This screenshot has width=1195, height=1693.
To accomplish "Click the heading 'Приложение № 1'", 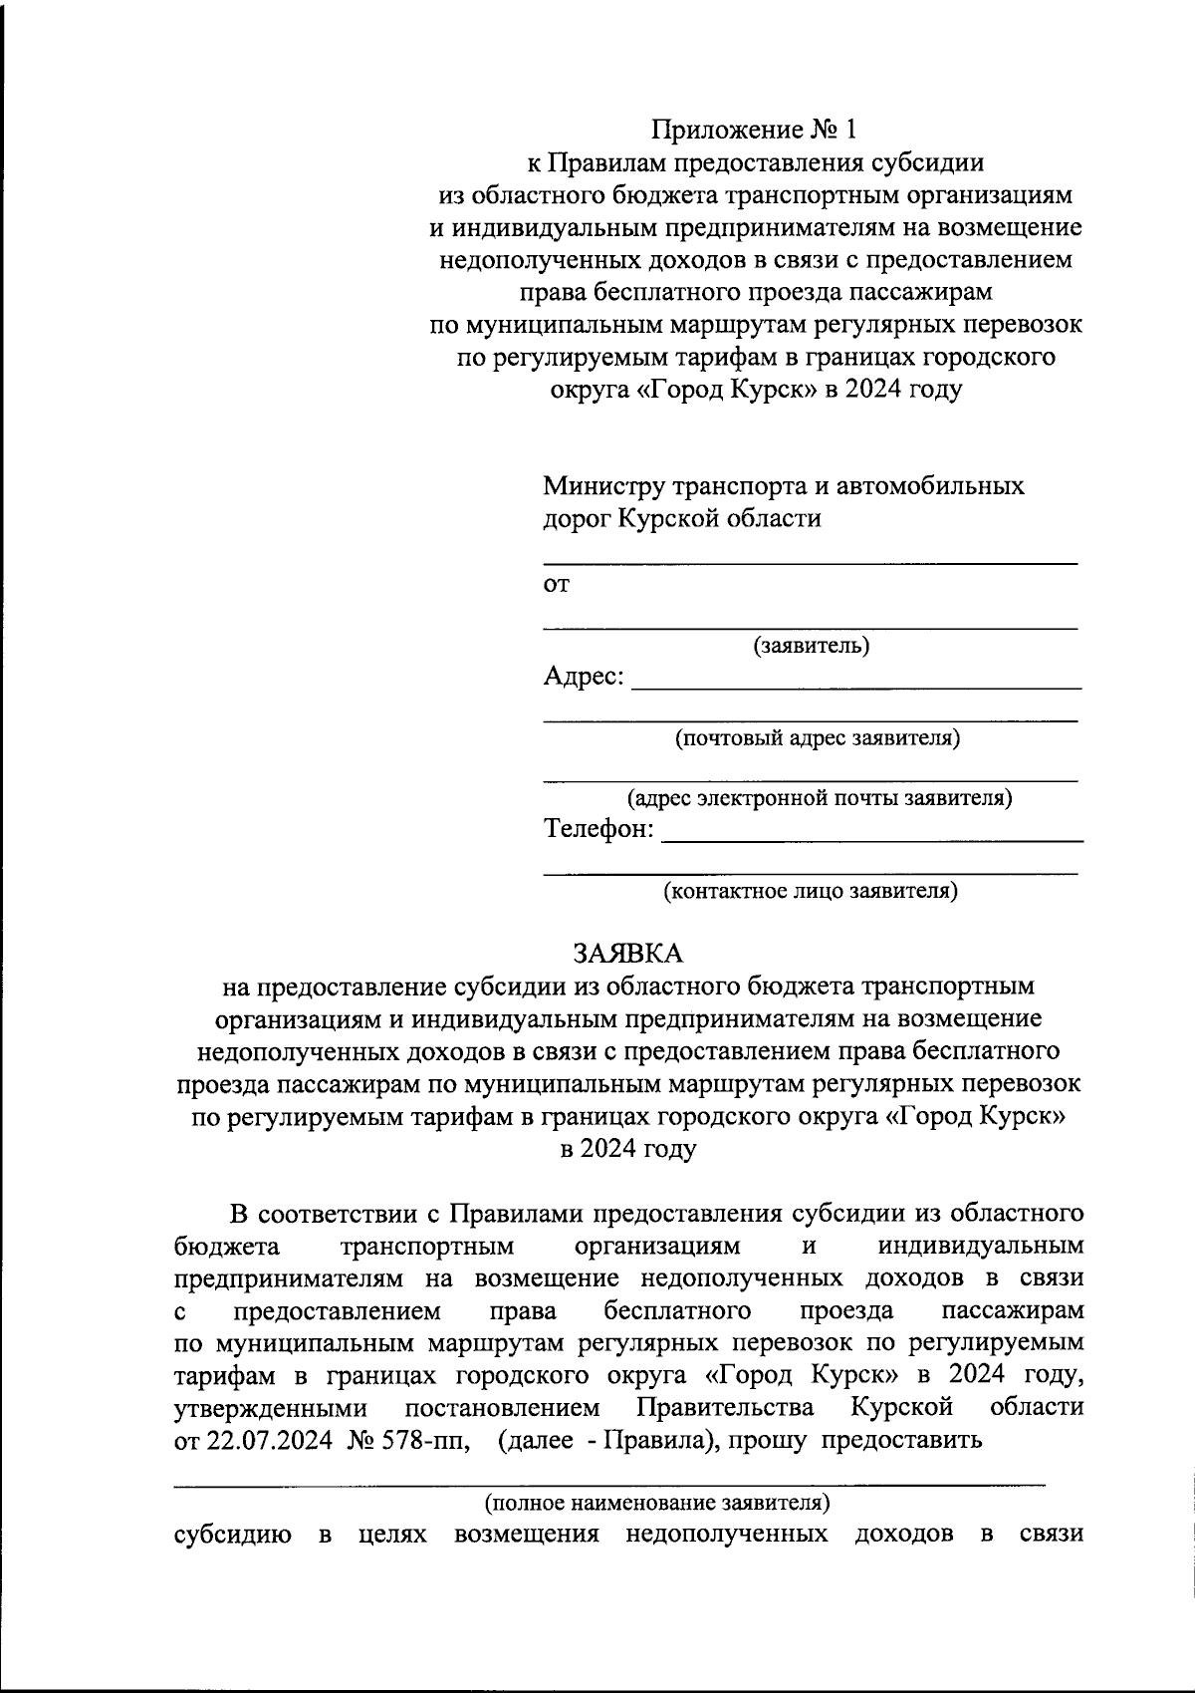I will tap(754, 131).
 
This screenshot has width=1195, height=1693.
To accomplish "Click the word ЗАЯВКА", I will tap(627, 954).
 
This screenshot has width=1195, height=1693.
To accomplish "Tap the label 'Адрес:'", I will tap(584, 677).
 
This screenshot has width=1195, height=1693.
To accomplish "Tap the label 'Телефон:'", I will tap(598, 829).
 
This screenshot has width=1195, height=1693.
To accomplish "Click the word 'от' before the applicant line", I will tap(556, 585).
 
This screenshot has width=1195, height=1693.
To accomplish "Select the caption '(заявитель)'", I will tap(811, 646).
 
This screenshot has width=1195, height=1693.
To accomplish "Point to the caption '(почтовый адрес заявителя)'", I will tap(818, 738).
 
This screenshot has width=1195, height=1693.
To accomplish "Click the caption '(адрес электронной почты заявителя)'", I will tap(819, 798).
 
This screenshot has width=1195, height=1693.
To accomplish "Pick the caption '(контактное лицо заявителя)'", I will tap(811, 890).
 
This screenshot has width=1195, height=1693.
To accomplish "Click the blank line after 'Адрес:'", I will tap(856, 686).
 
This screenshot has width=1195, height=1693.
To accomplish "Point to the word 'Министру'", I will tap(602, 486).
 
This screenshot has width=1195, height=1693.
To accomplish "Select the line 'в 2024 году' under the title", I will tap(627, 1148).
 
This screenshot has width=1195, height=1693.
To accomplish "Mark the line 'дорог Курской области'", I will tap(682, 518).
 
